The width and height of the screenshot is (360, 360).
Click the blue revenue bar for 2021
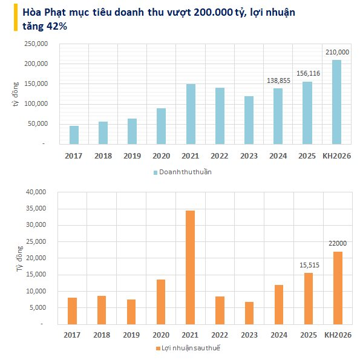point(191,114)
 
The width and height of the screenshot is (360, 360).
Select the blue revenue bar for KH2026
point(336,102)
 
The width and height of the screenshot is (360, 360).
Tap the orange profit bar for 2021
point(191,267)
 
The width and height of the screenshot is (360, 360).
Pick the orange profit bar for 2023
point(249,313)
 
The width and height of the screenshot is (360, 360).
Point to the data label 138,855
point(278,80)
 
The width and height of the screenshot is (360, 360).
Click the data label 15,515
point(307,265)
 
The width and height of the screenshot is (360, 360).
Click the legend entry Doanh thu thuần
point(185,172)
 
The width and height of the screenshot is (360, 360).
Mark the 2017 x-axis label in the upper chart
point(73,155)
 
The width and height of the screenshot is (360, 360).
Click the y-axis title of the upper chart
point(15,94)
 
